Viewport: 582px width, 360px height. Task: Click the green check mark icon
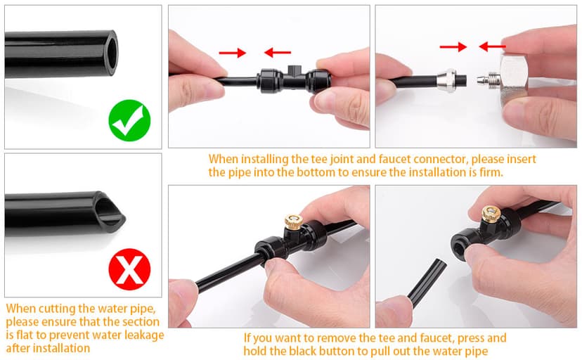tap(129, 120)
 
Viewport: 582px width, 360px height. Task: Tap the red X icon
tap(129, 269)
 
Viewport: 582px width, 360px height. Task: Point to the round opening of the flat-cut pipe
tap(112, 52)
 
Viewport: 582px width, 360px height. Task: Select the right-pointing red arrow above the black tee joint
tap(233, 53)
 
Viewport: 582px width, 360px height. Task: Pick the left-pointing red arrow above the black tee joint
tap(278, 52)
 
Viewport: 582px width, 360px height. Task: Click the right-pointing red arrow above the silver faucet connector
tap(453, 47)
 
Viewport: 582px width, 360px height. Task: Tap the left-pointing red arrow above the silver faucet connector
tap(492, 46)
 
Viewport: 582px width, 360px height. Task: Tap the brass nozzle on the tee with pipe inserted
tap(294, 222)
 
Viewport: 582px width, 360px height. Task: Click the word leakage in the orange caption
tap(138, 335)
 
